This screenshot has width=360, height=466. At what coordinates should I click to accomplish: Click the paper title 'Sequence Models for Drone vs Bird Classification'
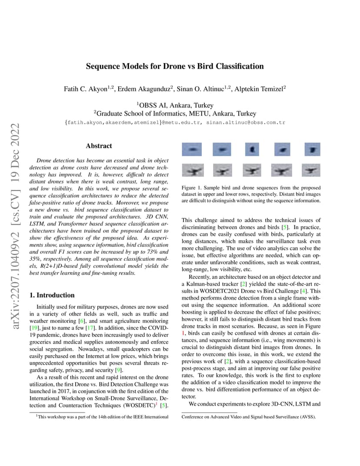[x=175, y=67]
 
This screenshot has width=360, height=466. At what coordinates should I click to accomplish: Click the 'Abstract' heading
[x=99, y=146]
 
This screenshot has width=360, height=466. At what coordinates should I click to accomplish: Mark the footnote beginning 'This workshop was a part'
[x=102, y=417]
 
